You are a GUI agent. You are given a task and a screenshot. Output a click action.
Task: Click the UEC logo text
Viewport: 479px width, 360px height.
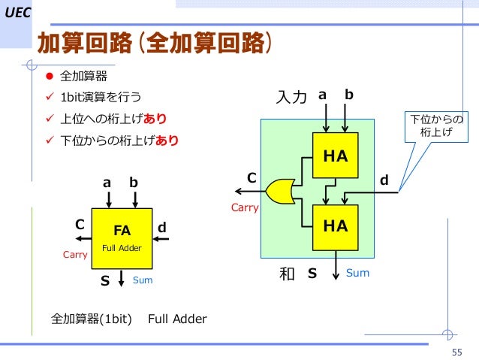point(15,13)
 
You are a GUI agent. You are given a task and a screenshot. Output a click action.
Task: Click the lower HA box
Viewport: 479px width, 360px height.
point(335,225)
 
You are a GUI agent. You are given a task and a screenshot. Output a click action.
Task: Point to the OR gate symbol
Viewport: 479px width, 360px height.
point(281,191)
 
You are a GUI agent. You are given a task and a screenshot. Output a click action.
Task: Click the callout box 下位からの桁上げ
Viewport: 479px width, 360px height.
point(435,126)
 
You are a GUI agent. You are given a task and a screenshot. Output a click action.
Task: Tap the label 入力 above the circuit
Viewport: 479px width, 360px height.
point(292,98)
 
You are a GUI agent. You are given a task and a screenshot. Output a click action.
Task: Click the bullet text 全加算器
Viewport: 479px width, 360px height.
point(83,77)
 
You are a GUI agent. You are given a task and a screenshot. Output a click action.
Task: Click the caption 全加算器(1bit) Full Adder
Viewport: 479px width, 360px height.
point(128,319)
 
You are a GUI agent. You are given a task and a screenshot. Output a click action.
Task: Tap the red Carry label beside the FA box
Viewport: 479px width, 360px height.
point(75,256)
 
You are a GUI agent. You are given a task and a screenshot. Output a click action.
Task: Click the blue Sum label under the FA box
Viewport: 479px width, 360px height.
point(142,280)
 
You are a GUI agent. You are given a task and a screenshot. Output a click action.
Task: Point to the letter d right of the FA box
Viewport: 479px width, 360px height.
point(161,226)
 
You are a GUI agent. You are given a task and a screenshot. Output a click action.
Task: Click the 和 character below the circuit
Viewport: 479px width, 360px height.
point(286,274)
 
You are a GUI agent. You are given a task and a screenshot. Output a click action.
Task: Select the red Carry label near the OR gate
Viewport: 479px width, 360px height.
point(244,207)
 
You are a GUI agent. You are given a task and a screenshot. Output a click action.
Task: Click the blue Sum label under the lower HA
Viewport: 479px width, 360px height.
point(357,273)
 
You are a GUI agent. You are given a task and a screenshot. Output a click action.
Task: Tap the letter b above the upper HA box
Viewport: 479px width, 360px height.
point(349,95)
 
